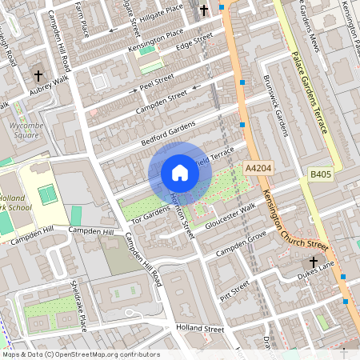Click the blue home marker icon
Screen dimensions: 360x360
tap(180, 173)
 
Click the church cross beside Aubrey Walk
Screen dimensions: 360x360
tap(38, 76)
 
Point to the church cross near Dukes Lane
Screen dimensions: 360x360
tap(314, 262)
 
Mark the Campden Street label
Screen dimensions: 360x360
tap(161, 104)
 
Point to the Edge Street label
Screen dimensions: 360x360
tap(195, 39)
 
